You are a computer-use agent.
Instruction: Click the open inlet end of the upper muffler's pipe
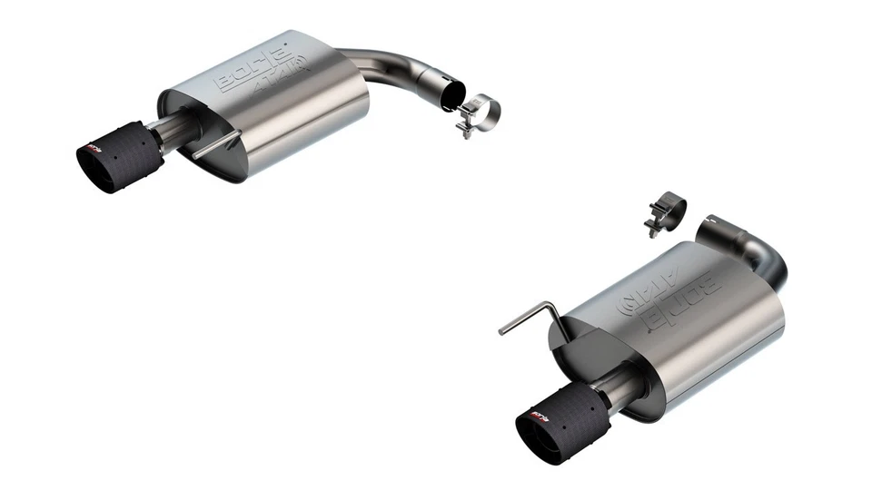click(x=451, y=92)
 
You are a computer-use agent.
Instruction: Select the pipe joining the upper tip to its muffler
click(x=171, y=129)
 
